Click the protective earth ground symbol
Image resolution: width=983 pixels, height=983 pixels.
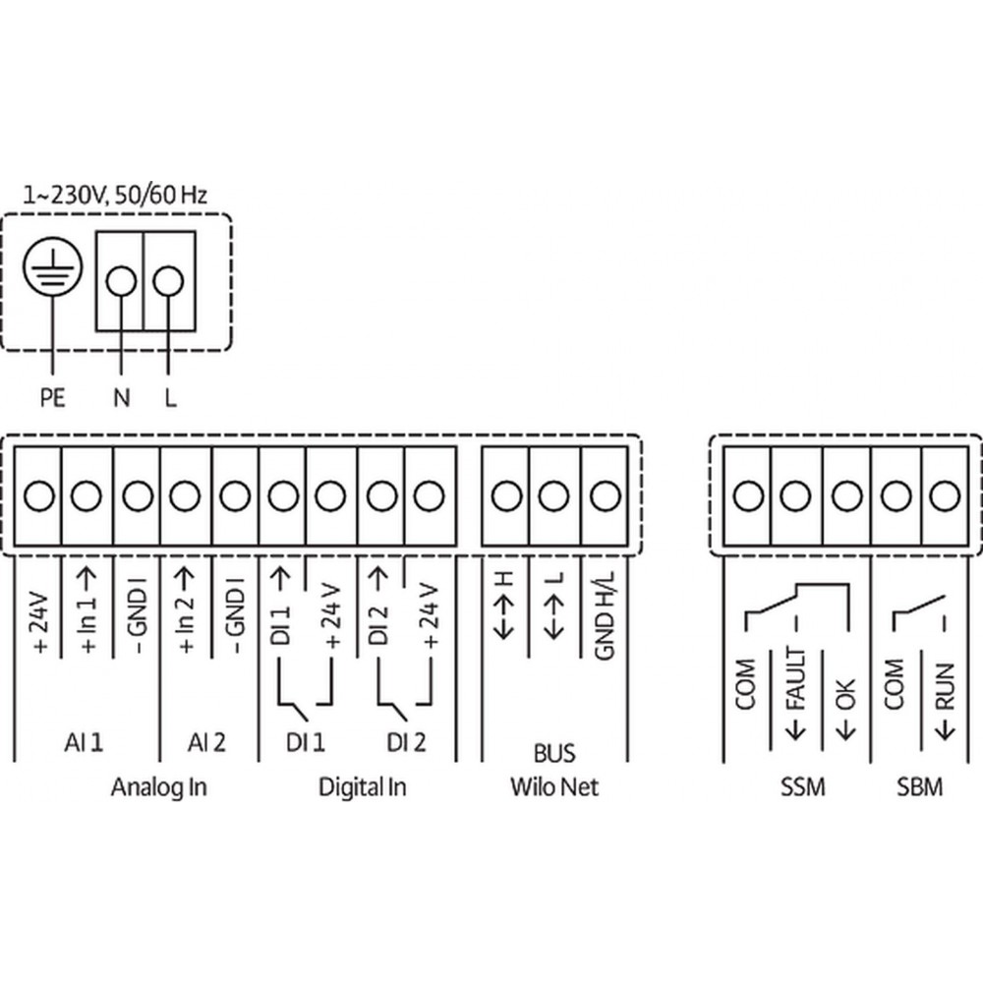(53, 266)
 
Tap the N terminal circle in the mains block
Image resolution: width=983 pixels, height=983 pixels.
(121, 281)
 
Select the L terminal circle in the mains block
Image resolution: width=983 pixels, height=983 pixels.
(168, 281)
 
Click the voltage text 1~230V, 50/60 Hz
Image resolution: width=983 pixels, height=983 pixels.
(115, 195)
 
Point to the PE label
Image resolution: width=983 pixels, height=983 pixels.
(53, 397)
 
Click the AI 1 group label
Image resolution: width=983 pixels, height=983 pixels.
(84, 743)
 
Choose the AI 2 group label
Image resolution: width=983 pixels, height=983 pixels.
(206, 743)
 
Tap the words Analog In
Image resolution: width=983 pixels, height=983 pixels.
(158, 787)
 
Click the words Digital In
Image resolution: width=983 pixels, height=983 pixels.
(363, 787)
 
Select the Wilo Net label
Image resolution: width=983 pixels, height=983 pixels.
(554, 786)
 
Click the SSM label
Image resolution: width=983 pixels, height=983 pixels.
(802, 786)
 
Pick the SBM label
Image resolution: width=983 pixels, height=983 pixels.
(920, 786)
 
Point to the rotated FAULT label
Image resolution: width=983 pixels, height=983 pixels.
(795, 679)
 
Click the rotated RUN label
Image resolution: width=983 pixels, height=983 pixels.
(945, 686)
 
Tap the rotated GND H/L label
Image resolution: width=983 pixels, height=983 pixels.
(605, 615)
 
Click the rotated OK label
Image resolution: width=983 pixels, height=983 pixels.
(846, 694)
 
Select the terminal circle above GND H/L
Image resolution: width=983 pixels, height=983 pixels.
(605, 495)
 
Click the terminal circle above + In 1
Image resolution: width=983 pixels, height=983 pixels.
(87, 495)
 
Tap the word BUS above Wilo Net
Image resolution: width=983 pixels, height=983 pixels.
(554, 753)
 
